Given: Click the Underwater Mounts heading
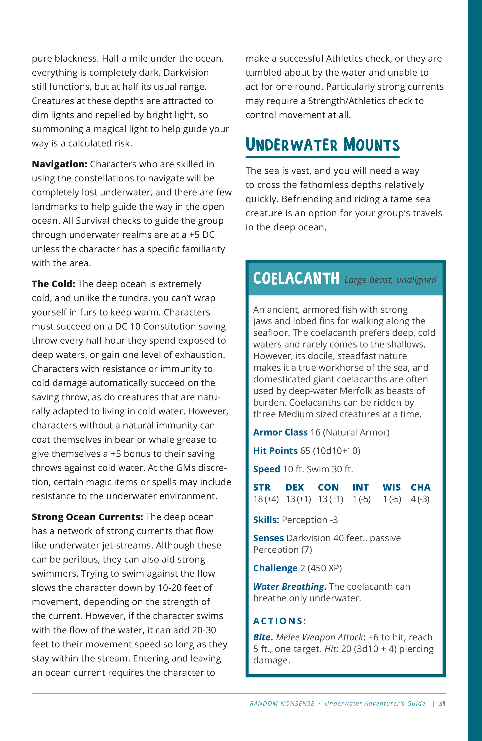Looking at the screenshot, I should coord(322,145).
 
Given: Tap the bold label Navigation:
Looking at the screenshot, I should coord(59,164).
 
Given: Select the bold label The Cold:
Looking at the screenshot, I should coord(53,284).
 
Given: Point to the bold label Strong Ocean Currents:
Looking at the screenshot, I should coord(87,517).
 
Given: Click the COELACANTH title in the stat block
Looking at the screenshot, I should coord(296,278).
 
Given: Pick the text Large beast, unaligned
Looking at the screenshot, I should coord(390,280).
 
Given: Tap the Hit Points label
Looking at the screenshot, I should coord(275,451).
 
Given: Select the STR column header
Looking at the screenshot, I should coord(262,487).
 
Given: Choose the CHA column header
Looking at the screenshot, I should coord(420,487).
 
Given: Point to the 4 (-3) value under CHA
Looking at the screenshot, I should coord(420,499).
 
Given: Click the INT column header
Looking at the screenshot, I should coord(361,487).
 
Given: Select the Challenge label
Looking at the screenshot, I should coord(275,568).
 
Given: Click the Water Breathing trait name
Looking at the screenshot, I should coord(289,587).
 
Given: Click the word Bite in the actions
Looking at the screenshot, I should coord(263,637).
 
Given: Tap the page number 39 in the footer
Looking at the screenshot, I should coord(442,703).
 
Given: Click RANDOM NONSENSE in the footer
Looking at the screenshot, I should coord(282,703).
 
